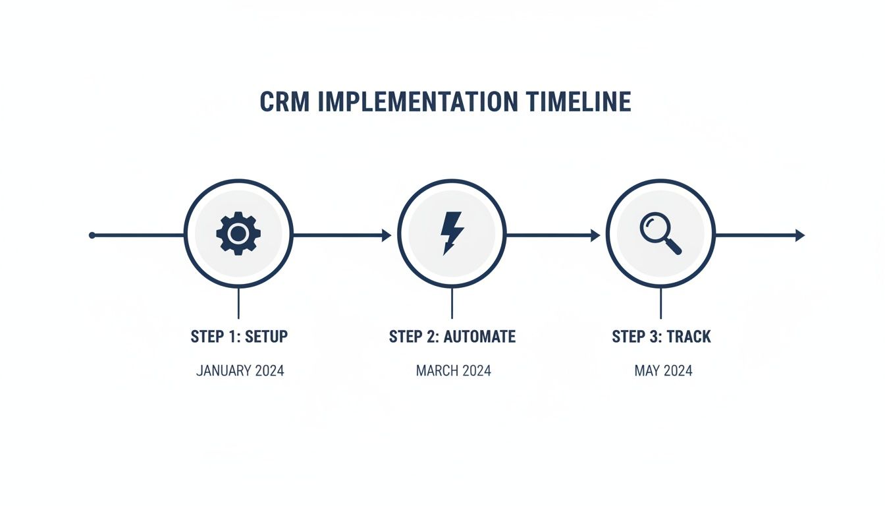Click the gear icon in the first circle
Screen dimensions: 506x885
tap(238, 233)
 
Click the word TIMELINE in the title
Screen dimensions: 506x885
tap(579, 102)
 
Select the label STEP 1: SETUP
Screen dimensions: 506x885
tap(239, 337)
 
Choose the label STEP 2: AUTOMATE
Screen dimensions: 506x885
tap(452, 337)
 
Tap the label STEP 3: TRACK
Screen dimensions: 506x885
tap(661, 337)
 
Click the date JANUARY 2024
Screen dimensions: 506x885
tap(240, 371)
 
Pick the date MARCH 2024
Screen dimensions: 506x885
tap(453, 371)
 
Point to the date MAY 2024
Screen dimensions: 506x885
tap(663, 371)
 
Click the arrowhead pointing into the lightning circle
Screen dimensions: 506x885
tap(387, 235)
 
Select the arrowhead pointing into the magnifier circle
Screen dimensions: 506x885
tap(595, 235)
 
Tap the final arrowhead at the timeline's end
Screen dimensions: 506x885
tap(800, 235)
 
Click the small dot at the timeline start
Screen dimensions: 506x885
tap(92, 235)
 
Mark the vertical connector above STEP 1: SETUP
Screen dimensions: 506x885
tap(238, 304)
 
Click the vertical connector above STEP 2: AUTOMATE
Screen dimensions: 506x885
tap(452, 304)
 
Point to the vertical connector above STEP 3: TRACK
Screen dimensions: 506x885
tap(660, 304)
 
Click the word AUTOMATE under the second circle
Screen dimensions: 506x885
tap(479, 337)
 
